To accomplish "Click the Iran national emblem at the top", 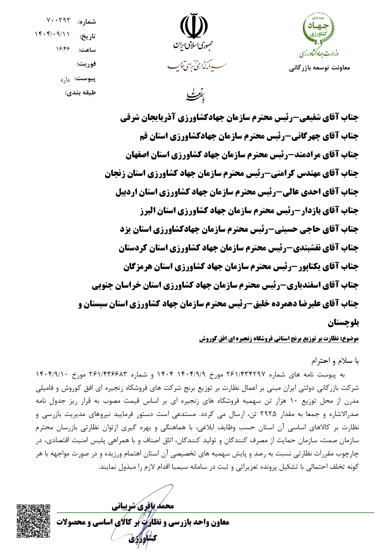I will pos(194,26).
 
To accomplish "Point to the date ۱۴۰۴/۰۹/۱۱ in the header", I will pos(52,34).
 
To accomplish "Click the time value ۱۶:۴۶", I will pos(63,49).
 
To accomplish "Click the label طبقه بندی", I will pos(80,93).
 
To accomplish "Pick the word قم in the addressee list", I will pos(144,136).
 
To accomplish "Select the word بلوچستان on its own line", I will pos(343,323).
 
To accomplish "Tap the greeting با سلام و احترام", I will pos(335,361).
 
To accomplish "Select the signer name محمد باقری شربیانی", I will pos(142,506).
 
